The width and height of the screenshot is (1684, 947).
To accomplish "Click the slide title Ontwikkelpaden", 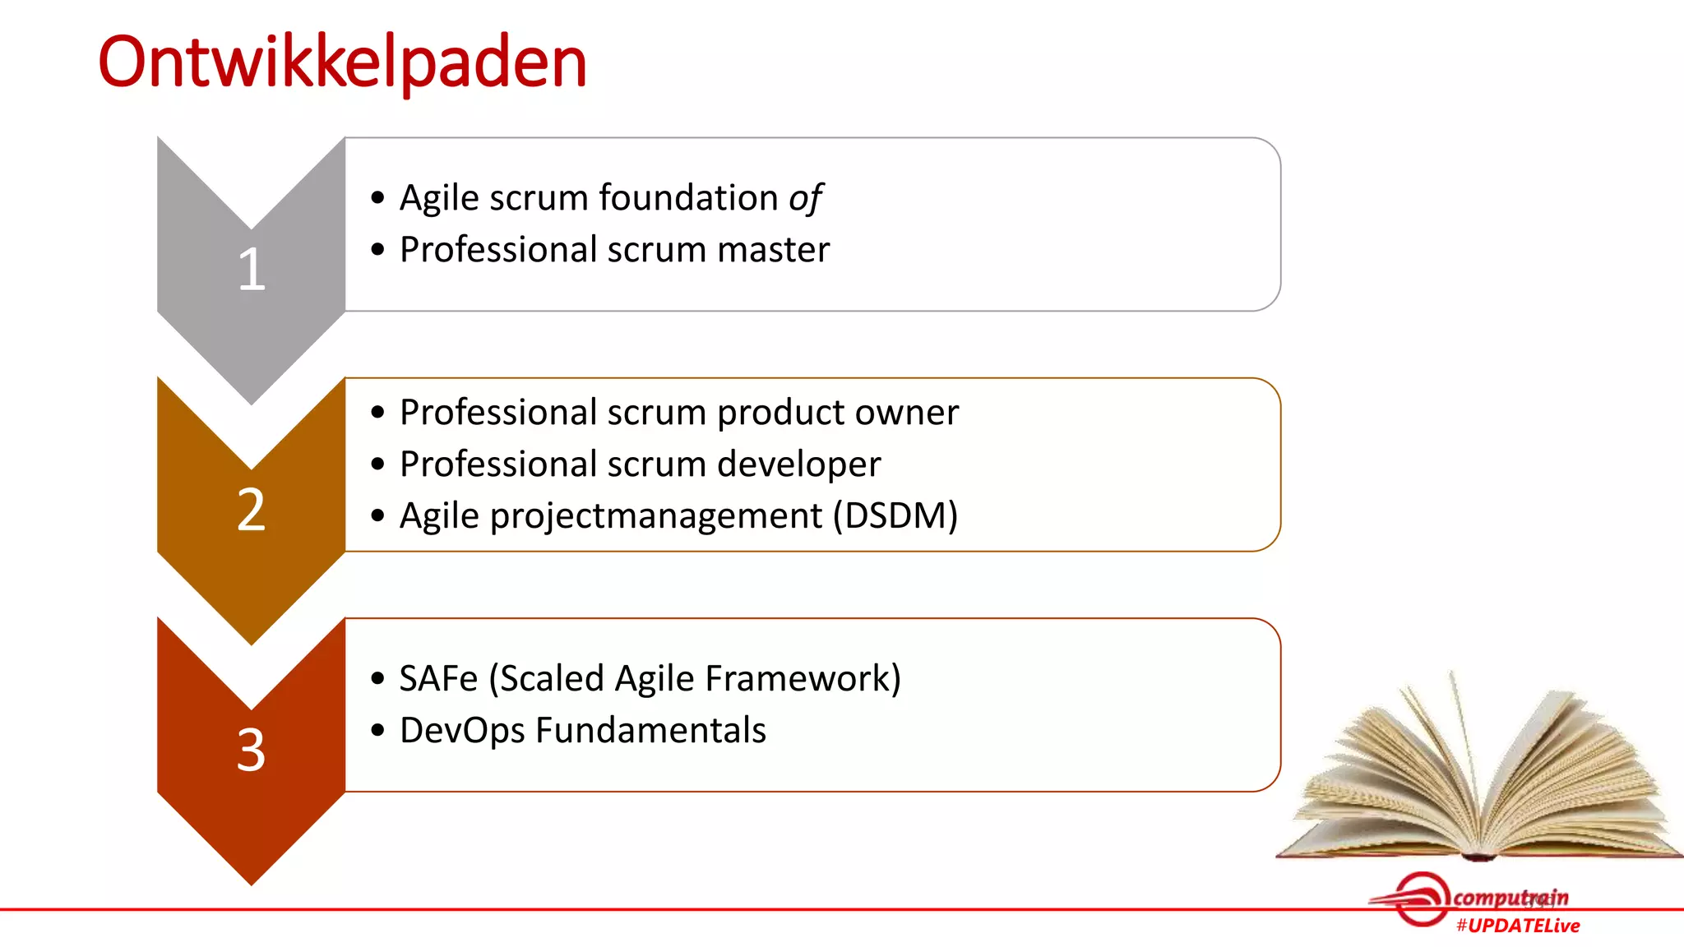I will coord(342,62).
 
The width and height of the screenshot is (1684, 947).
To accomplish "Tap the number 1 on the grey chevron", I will coord(252,270).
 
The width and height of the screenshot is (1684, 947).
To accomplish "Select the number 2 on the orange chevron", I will coord(252,510).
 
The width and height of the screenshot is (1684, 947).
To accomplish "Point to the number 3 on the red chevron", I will coord(252,750).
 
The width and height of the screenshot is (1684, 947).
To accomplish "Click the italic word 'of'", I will coord(805,199).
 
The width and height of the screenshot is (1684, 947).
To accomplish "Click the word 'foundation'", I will coord(688,198).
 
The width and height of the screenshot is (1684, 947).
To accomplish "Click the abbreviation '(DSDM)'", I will coord(895,516).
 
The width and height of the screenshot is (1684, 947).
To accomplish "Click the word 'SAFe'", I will coord(438,679).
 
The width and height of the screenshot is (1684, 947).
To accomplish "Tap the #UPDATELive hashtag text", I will coord(1517,926).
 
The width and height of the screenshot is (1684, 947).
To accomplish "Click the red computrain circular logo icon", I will coord(1421,898).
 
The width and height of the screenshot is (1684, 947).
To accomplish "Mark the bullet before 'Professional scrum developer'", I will coord(377,464).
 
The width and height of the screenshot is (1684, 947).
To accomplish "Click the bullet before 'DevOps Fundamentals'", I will coord(377,730).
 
